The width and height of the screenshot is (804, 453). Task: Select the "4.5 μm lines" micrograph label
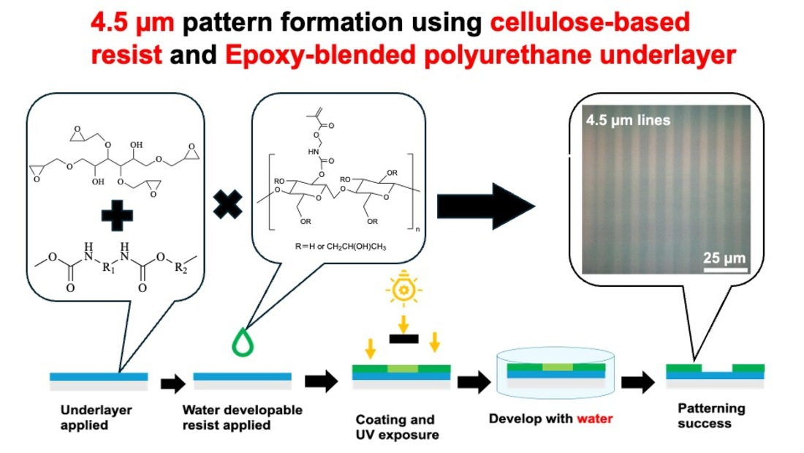click(x=627, y=120)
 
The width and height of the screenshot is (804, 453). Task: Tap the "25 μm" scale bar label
click(x=724, y=258)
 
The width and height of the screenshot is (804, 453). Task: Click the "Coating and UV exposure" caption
click(x=395, y=427)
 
